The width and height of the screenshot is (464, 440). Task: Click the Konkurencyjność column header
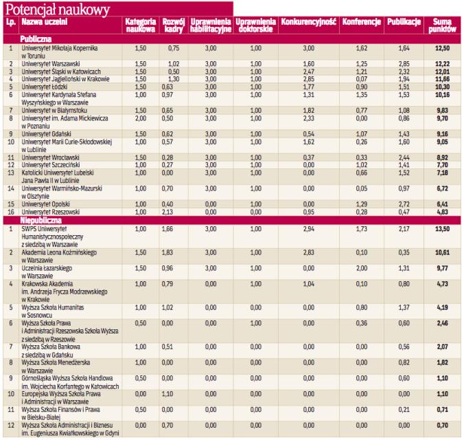point(308,23)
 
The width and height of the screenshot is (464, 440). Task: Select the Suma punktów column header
point(443,26)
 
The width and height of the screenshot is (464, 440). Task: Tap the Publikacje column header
point(404,23)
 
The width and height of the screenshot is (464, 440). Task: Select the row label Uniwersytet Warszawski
point(52,63)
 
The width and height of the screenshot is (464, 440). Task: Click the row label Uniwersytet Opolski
point(48,204)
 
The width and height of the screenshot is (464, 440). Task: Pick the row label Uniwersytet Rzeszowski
point(51,212)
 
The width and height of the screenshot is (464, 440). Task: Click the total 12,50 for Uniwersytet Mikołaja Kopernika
point(443,48)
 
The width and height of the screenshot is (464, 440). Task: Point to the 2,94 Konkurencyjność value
point(308,228)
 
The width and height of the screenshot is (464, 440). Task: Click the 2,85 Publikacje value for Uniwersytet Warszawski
point(404,63)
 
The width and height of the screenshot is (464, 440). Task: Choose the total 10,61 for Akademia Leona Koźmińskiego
point(443,253)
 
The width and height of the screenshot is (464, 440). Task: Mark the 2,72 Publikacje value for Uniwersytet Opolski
point(404,204)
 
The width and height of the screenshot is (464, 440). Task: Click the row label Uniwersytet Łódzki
point(47,87)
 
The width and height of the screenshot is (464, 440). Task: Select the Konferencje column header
point(361,23)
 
